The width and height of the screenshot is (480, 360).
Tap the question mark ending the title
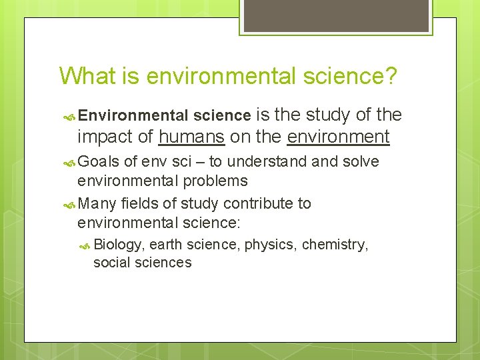click(x=390, y=75)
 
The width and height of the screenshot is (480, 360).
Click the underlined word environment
click(x=338, y=137)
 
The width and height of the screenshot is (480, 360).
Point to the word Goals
click(x=99, y=162)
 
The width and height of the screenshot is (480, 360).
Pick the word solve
click(x=361, y=162)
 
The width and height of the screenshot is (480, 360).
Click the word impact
click(x=107, y=137)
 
